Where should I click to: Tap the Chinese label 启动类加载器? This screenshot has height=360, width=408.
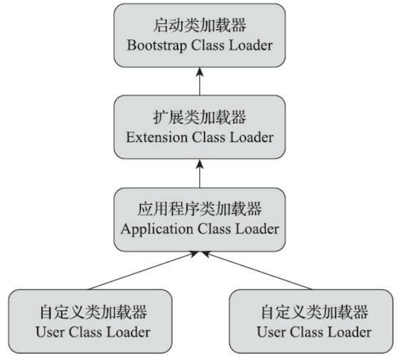click(200, 27)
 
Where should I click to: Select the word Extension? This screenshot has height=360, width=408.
click(154, 137)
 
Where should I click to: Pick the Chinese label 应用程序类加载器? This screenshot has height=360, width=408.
click(200, 210)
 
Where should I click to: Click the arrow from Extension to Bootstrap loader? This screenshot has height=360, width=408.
click(200, 81)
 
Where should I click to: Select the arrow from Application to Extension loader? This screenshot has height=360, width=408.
click(200, 173)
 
